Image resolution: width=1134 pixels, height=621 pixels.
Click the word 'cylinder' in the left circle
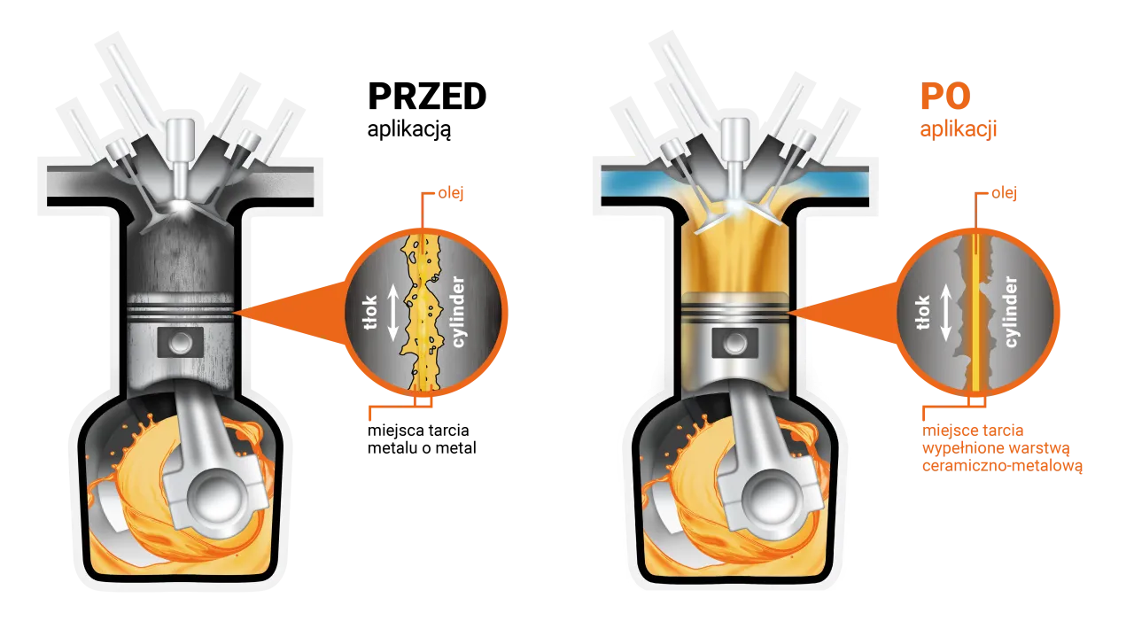click(x=459, y=311)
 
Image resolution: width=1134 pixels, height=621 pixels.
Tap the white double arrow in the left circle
click(x=391, y=313)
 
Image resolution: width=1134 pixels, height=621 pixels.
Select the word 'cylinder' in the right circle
click(x=1011, y=311)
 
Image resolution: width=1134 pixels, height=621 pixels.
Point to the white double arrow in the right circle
click(x=946, y=314)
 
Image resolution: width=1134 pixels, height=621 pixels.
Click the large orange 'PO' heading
click(x=944, y=99)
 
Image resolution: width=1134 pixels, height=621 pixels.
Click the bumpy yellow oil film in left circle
click(x=422, y=310)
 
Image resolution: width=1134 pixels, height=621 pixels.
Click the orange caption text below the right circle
click(x=1001, y=447)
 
